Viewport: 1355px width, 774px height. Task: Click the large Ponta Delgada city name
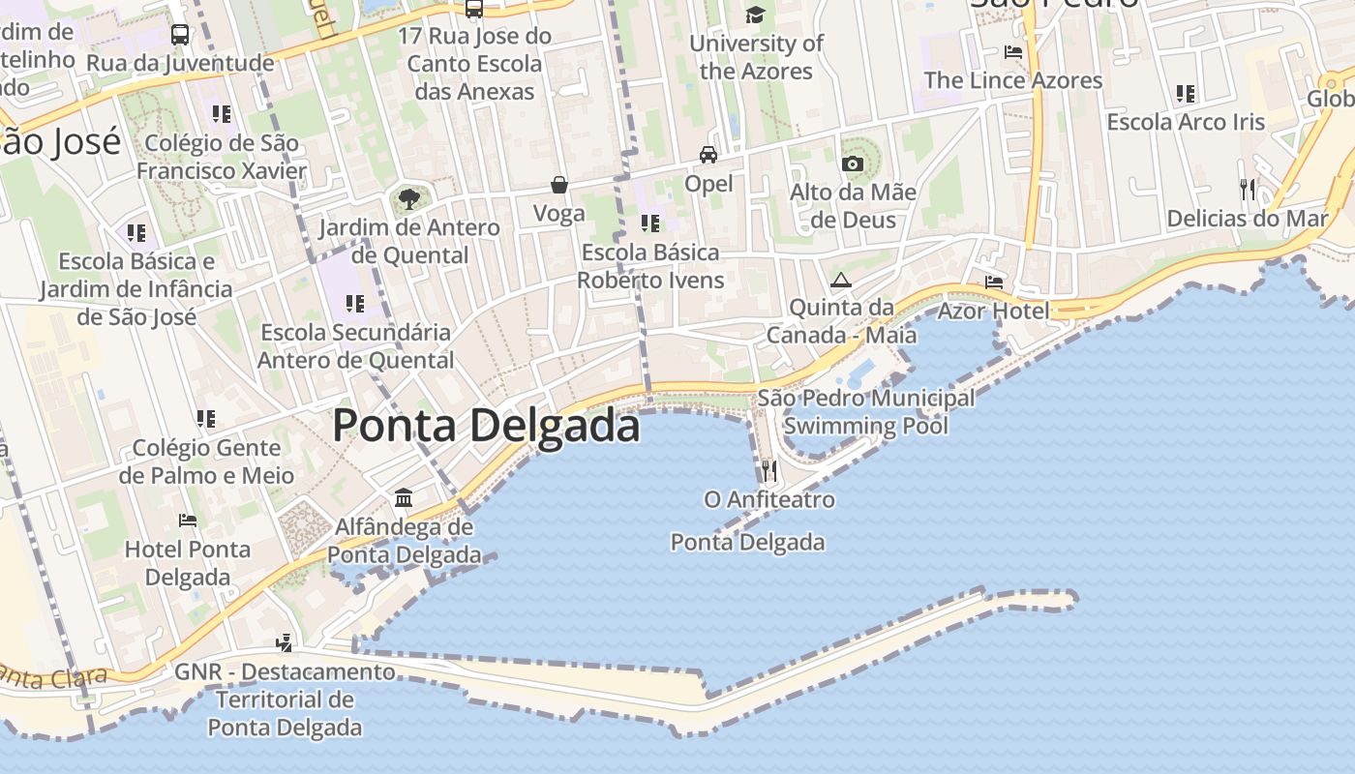[x=486, y=426]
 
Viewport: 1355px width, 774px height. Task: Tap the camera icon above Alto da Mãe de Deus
[x=853, y=164]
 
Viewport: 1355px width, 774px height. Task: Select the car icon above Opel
[x=708, y=155]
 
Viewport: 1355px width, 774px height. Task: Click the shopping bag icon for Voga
[x=559, y=185]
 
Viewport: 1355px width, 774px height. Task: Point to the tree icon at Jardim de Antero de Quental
[x=409, y=199]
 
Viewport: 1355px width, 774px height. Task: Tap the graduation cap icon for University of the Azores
[x=755, y=15]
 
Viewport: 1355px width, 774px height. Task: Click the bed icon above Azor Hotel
[x=994, y=283]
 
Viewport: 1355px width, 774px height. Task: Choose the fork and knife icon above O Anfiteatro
[x=769, y=471]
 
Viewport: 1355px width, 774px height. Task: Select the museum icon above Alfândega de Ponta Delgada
[x=404, y=498]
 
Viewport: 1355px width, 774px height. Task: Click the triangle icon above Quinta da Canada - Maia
[x=840, y=281]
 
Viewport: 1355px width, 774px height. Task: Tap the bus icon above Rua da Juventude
[x=180, y=35]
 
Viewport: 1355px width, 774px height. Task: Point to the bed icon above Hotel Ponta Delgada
[x=188, y=521]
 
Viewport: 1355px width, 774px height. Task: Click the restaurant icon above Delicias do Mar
[x=1248, y=189]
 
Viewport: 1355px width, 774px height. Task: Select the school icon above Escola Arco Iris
[x=1186, y=94]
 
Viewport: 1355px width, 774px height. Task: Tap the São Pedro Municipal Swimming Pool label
[x=866, y=412]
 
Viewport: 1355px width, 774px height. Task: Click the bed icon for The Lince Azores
[x=1013, y=52]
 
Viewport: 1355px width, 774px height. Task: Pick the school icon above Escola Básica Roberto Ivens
[x=650, y=224]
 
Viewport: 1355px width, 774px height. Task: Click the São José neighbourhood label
[x=60, y=142]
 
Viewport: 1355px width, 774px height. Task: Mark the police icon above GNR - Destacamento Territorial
[x=285, y=641]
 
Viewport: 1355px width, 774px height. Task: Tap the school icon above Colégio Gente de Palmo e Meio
[x=206, y=419]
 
